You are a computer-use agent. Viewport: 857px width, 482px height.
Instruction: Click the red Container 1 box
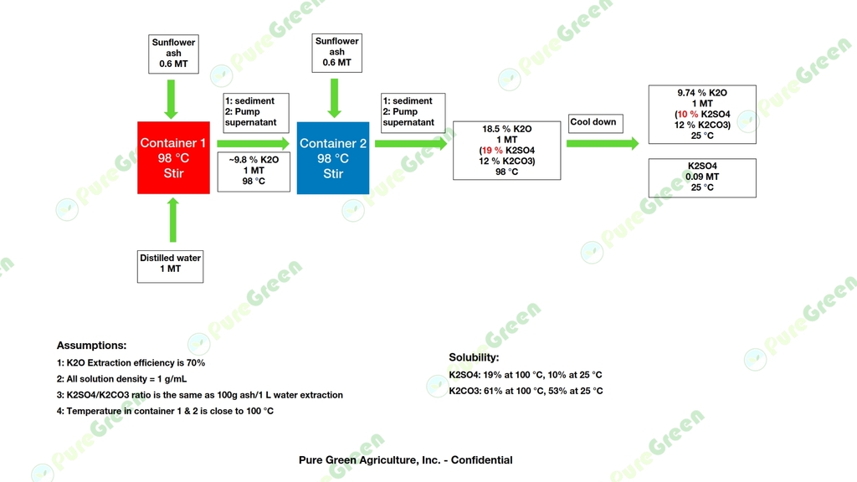173,157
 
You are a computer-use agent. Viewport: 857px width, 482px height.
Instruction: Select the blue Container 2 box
333,158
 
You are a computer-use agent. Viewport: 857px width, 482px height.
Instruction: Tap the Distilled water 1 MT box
170,267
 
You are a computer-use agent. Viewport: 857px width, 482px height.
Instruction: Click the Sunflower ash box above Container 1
173,54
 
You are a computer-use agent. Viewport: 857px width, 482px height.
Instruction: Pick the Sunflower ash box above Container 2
336,53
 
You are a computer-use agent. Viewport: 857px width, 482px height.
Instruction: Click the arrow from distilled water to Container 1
172,220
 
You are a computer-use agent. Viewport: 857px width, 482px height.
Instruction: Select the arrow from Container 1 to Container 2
253,144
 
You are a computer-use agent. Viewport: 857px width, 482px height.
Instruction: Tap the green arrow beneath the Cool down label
603,143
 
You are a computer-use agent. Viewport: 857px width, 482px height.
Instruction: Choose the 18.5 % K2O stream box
506,151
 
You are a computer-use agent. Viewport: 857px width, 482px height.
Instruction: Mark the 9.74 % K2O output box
702,114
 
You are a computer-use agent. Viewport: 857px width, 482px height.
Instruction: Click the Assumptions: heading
91,346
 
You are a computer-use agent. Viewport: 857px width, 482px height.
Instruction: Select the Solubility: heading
474,357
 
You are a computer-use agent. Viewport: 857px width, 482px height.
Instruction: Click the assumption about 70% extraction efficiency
131,363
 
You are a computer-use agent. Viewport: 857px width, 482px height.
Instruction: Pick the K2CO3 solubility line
526,391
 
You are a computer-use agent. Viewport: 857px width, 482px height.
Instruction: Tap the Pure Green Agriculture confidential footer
406,460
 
